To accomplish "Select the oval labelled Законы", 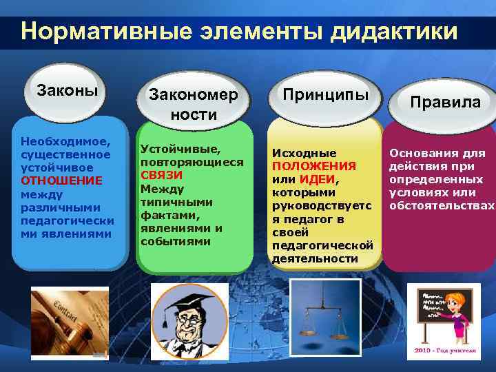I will click(x=67, y=91).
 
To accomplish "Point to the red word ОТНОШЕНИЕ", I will click(x=62, y=180).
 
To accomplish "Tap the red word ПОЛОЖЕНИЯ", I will click(x=313, y=166).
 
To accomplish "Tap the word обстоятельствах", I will click(x=442, y=205).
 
